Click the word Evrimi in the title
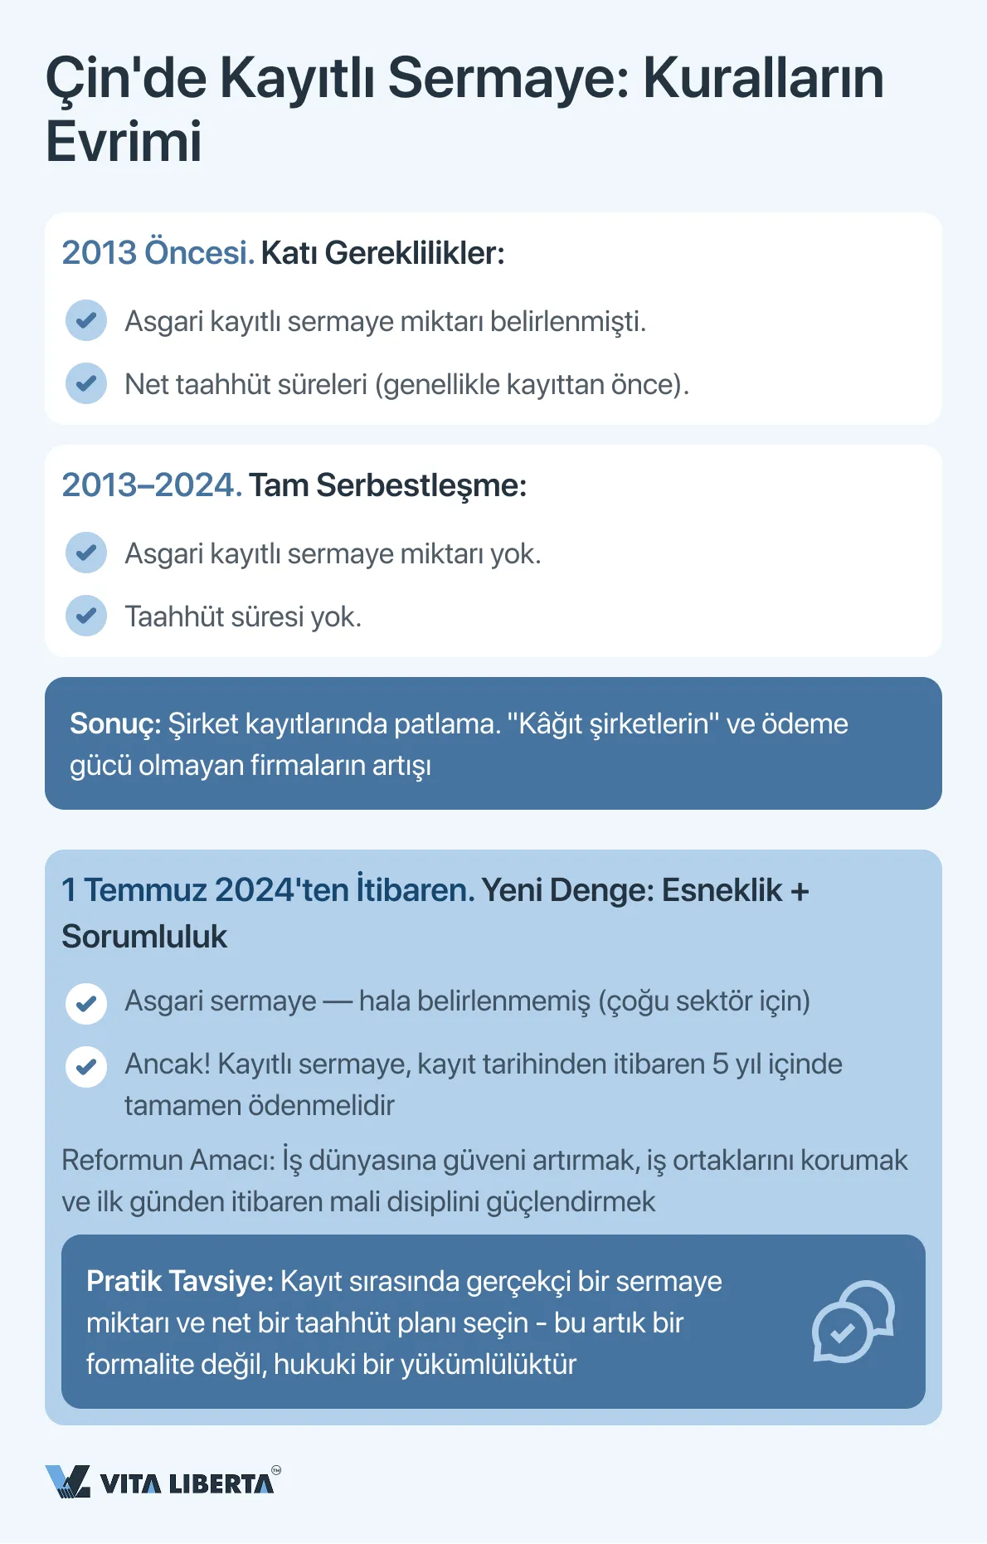coord(124,142)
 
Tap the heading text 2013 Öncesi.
coord(157,253)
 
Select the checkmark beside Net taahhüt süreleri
coord(86,383)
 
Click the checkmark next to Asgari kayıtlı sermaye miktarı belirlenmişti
coord(86,320)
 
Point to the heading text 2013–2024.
coord(151,485)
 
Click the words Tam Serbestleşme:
coord(387,485)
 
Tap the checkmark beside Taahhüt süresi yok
coord(86,616)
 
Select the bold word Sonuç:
coord(115,723)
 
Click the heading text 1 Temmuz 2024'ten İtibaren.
coord(267,890)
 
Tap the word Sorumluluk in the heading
coord(144,937)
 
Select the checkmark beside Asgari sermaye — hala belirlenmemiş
coord(86,1004)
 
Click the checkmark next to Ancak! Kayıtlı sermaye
coord(86,1067)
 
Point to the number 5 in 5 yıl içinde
coord(720,1064)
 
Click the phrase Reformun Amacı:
coord(168,1160)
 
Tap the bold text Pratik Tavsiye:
coord(179,1281)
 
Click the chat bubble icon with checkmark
coord(852,1322)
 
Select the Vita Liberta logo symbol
coord(67,1481)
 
